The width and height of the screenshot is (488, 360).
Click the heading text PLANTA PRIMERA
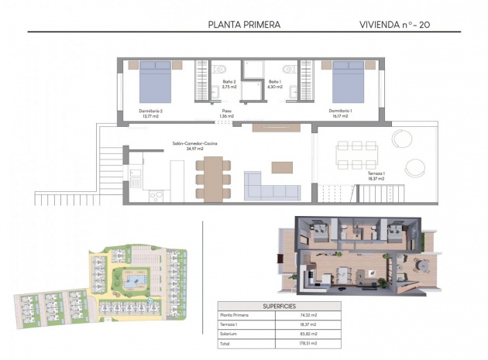(244, 24)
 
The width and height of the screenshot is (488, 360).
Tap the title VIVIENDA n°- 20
(395, 24)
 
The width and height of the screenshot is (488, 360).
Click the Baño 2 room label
(229, 84)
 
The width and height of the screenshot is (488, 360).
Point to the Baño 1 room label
(275, 84)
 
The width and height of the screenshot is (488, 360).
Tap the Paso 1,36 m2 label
(226, 114)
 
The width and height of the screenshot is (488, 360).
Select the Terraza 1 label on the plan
(376, 176)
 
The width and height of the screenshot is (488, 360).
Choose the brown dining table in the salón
(211, 179)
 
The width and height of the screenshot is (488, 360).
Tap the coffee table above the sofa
(282, 166)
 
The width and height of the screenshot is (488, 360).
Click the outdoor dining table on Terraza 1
(355, 154)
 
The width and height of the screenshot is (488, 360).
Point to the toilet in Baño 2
(219, 69)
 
